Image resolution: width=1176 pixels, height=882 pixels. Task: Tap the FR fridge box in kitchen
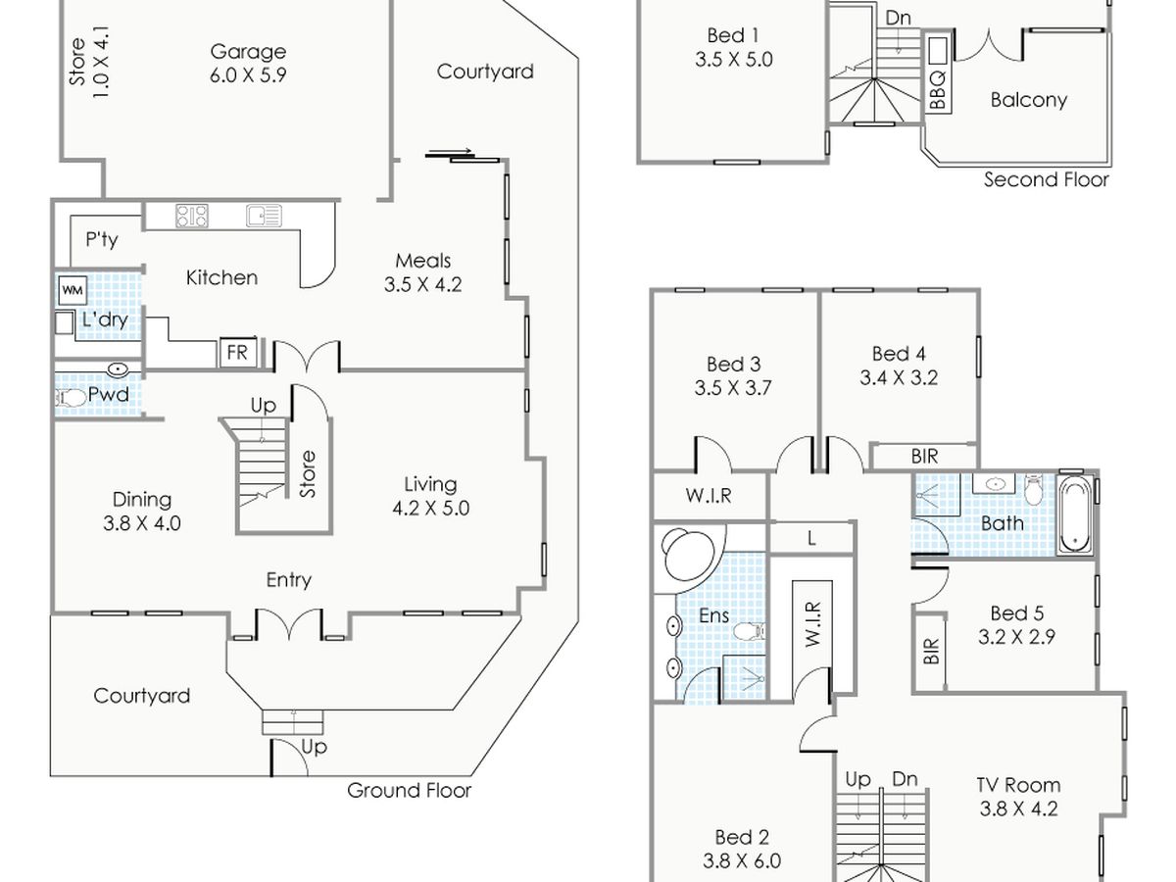click(237, 353)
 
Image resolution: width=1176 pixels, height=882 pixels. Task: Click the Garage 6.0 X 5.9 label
click(248, 63)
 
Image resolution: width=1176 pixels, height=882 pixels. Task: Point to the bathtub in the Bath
click(1075, 515)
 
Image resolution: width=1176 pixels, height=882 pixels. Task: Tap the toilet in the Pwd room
click(73, 398)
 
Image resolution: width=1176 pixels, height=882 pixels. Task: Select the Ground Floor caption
click(409, 791)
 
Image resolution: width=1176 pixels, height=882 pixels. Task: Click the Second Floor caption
click(1047, 179)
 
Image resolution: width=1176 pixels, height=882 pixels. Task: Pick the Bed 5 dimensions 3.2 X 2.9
click(1016, 637)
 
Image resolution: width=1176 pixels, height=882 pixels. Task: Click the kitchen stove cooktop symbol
click(191, 215)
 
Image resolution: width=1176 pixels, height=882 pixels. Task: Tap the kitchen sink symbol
click(264, 215)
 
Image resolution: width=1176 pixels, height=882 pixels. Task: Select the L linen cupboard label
click(812, 538)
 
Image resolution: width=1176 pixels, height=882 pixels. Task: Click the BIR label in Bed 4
click(924, 457)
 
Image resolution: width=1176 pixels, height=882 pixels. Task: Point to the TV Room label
click(1018, 785)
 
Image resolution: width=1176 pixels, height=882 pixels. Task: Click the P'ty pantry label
click(101, 239)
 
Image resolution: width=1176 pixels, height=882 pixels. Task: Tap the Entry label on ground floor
click(289, 580)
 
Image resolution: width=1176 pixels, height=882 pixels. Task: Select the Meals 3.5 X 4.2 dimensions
click(422, 285)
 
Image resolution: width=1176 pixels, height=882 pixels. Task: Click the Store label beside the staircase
click(308, 473)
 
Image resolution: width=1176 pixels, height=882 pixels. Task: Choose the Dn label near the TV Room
click(905, 779)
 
